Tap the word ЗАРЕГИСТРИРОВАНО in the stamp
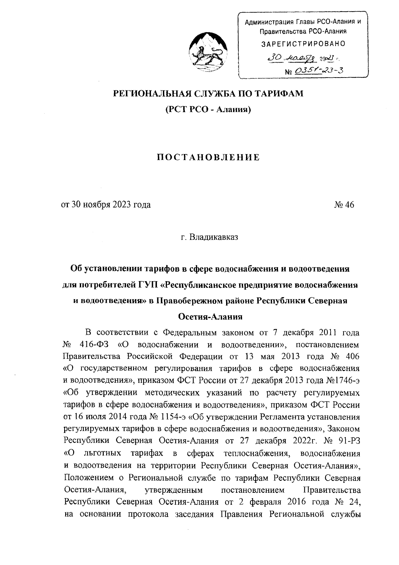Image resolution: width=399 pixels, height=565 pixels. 303,44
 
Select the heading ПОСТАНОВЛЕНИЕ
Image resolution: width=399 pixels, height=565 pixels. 208,157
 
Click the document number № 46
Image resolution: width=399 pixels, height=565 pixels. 344,205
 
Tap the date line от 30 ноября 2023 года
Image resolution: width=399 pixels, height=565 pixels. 105,205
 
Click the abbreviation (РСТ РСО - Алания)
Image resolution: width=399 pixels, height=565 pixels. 208,109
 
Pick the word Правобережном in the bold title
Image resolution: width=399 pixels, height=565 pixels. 189,301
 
